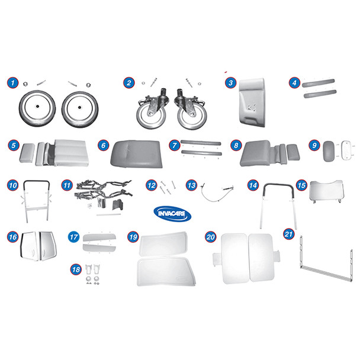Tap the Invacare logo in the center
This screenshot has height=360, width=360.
(172, 213)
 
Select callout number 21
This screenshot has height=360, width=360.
(288, 233)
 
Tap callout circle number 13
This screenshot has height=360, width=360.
(190, 185)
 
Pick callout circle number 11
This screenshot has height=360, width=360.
(66, 185)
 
